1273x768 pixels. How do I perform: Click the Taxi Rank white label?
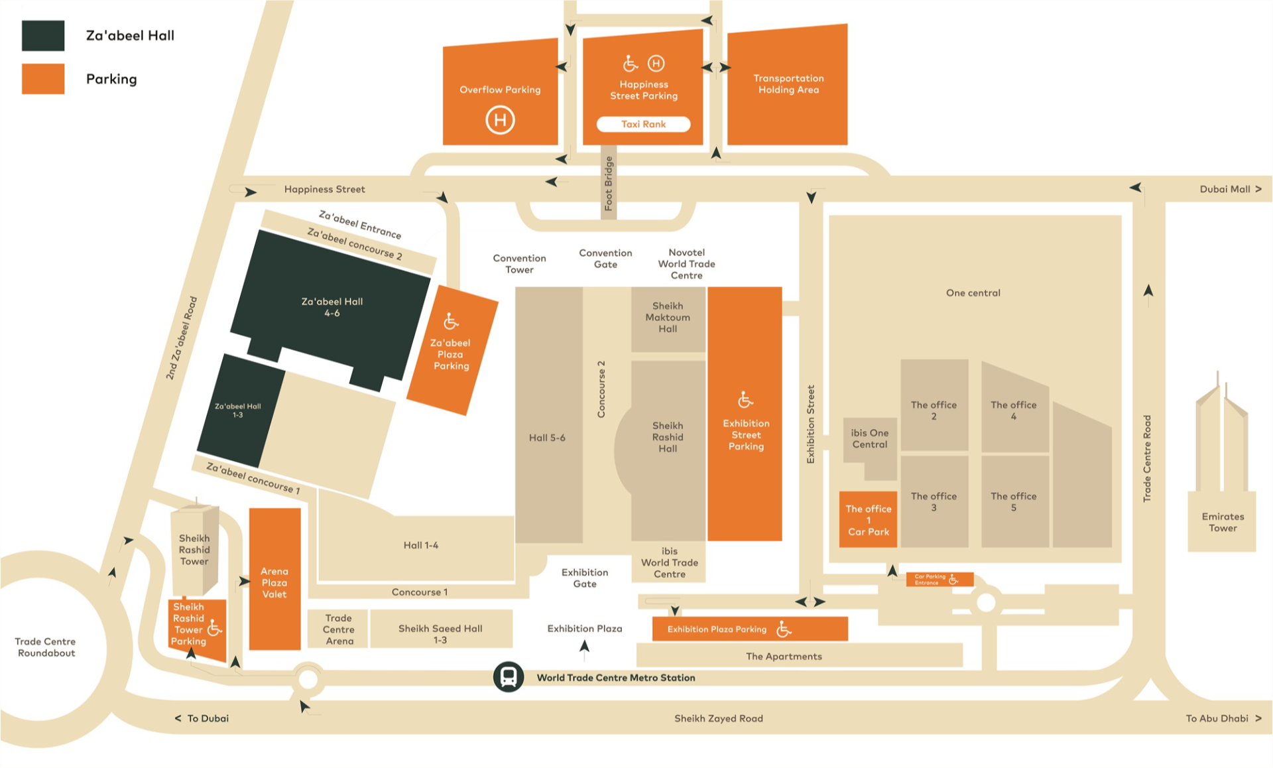pos(643,124)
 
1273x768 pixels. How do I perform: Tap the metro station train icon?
pos(509,677)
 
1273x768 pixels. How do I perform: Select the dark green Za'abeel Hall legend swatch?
pos(43,36)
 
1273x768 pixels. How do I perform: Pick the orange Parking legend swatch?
pos(43,79)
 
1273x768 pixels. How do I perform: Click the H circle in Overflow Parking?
pos(500,120)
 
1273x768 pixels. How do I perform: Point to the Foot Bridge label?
pos(609,183)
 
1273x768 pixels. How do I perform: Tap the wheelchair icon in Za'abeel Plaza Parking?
pos(451,322)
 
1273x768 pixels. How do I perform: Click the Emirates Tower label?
pos(1223,522)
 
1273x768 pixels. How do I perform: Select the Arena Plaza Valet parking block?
pos(274,579)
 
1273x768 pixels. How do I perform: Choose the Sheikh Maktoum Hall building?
pos(668,318)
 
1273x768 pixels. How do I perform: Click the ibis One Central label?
pos(869,438)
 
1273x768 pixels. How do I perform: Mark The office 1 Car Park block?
pos(868,519)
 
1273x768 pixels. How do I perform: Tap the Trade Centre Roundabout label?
pos(45,647)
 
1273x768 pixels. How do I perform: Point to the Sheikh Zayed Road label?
pos(718,718)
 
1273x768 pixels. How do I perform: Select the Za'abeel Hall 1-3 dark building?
pos(238,411)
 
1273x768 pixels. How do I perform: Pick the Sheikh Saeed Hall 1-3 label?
pos(440,633)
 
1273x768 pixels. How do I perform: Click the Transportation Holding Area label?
pos(788,84)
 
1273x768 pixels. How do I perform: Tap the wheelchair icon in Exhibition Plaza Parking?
pos(784,629)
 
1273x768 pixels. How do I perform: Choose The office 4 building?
pos(1013,410)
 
